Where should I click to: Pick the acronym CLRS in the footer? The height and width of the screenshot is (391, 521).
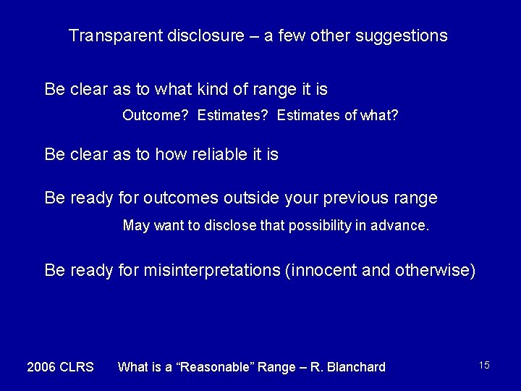(x=77, y=367)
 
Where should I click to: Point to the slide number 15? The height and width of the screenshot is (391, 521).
(x=484, y=365)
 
